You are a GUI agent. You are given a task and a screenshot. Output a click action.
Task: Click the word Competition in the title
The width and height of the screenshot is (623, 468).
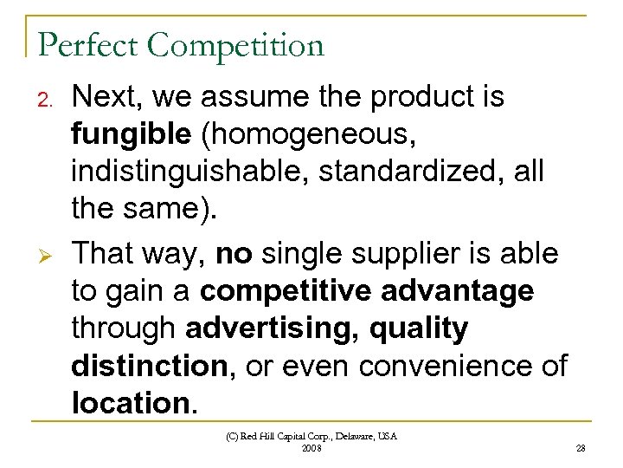(236, 44)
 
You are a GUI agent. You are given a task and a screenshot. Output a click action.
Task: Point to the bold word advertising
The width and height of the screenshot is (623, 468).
(275, 328)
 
